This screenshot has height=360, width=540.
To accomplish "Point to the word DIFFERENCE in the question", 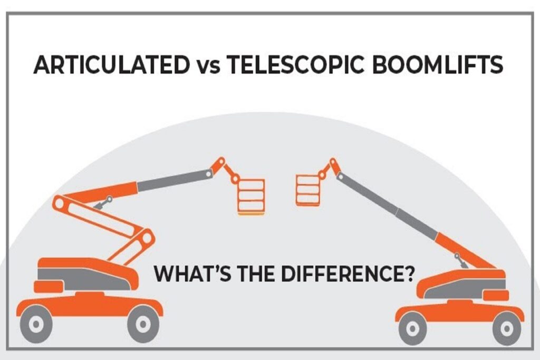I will click(343, 274).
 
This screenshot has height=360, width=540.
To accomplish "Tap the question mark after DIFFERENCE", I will click(408, 274).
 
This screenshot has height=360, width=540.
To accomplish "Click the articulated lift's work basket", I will click(251, 196).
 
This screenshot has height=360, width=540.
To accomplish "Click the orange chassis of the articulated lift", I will click(90, 305).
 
